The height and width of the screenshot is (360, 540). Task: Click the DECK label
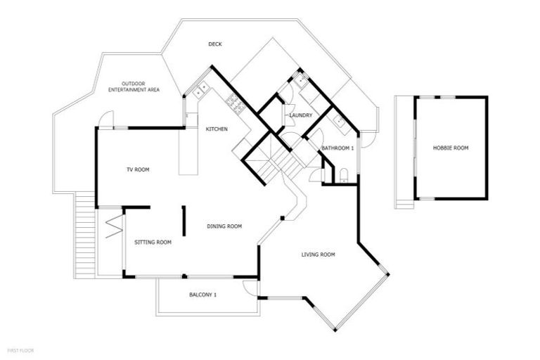(215, 44)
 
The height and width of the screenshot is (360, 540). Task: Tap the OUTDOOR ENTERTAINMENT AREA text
(133, 86)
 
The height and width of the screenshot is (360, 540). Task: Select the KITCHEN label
(216, 129)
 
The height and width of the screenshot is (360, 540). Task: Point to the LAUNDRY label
(300, 115)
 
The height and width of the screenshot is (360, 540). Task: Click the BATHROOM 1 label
(337, 148)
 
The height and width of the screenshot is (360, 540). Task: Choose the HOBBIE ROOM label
(451, 148)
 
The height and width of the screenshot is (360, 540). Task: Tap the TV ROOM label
(138, 169)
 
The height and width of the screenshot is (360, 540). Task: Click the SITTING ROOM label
(153, 242)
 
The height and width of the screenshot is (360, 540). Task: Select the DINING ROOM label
(224, 226)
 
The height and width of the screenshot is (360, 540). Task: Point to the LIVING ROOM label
(318, 254)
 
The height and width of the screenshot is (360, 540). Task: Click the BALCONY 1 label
(202, 295)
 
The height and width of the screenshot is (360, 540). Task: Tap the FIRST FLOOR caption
(20, 349)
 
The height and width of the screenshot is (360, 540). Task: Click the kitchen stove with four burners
(235, 106)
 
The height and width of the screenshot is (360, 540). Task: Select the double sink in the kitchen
(200, 90)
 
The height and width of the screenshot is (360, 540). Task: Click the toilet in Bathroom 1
(343, 175)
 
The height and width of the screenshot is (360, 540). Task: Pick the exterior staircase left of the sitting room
(84, 236)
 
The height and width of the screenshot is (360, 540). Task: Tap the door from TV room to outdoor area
(105, 120)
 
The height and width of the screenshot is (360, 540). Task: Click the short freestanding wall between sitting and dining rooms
(184, 221)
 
